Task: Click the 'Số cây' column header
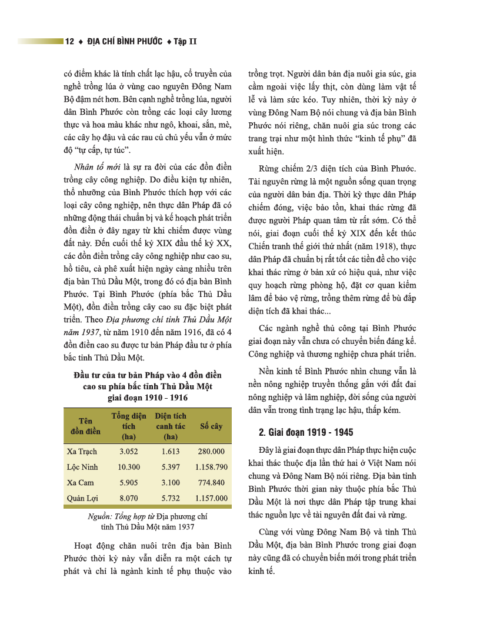(211, 426)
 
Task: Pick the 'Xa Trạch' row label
(82, 452)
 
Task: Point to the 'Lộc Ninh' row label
(82, 467)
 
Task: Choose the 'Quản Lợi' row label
(82, 498)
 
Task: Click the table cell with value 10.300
(128, 467)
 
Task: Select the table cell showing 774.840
(211, 482)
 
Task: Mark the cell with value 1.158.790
(211, 467)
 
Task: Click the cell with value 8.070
(128, 498)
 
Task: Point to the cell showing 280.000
(211, 452)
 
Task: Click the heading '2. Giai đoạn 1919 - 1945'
(306, 433)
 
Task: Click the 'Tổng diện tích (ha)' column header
(128, 426)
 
